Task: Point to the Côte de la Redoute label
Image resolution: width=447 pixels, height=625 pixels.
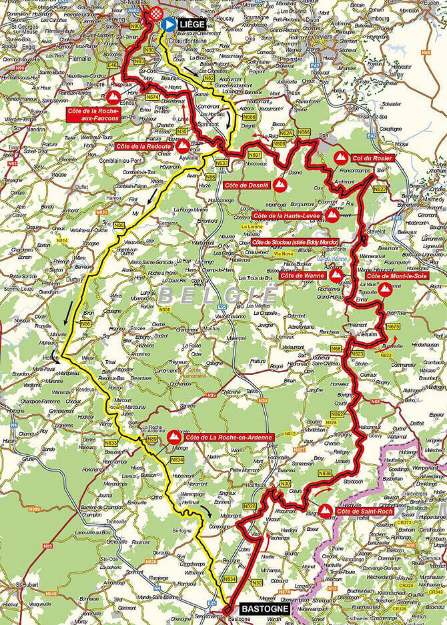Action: tap(145, 145)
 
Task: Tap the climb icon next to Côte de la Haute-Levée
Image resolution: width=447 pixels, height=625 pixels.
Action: tap(333, 215)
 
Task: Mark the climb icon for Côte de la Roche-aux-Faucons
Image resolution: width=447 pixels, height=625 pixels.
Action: tap(109, 98)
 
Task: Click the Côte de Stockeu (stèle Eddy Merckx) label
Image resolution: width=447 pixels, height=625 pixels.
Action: tap(296, 241)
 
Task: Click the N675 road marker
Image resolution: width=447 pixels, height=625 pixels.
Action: tap(393, 326)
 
